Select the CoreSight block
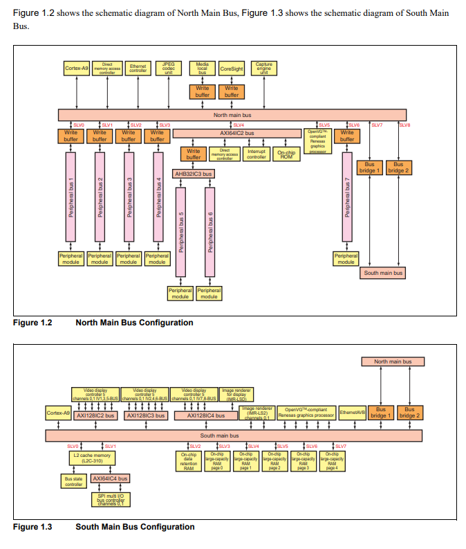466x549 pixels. point(232,69)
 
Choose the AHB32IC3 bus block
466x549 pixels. point(193,174)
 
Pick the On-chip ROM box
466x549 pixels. point(285,154)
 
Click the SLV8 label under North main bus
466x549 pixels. point(405,125)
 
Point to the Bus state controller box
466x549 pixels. point(73,481)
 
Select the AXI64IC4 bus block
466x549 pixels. point(110,478)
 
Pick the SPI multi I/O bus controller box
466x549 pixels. point(109,499)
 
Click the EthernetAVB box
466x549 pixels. point(352,413)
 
